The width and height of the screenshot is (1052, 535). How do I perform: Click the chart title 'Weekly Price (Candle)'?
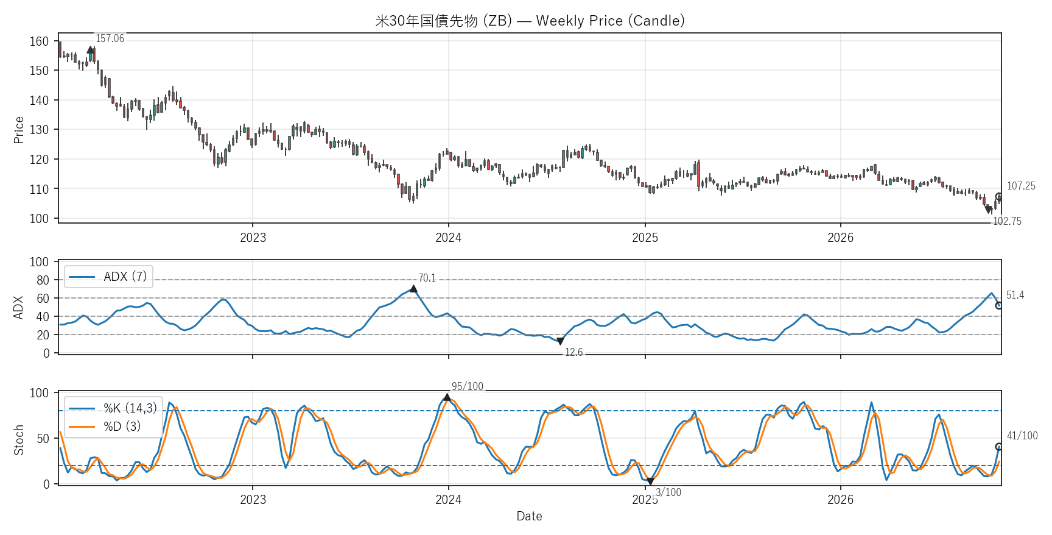pos(610,21)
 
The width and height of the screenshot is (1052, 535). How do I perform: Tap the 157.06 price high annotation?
pos(110,38)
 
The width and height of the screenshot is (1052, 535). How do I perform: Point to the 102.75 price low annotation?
pos(1007,221)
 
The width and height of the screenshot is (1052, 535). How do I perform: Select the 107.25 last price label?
pos(1021,186)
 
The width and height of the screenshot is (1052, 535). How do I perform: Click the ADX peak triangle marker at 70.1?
pos(413,289)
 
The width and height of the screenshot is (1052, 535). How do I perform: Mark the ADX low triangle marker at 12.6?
pos(560,341)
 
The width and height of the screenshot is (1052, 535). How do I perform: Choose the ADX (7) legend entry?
pos(108,277)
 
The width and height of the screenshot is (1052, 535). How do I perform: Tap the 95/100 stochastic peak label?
pos(468,386)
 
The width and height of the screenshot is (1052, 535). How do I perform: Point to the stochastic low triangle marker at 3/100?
pos(650,481)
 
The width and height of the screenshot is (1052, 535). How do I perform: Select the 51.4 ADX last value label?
pos(1015,295)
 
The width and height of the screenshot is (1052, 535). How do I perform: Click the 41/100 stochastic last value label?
pos(1022,436)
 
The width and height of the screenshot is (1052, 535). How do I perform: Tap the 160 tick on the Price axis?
pos(39,41)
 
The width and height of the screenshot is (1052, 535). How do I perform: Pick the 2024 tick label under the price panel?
pos(448,238)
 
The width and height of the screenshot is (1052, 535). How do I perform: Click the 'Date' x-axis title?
pos(529,516)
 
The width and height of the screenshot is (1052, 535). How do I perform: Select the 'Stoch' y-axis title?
pos(19,440)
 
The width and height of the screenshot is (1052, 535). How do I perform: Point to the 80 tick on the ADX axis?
pos(43,280)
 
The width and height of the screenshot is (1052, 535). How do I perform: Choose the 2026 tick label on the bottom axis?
pos(840,500)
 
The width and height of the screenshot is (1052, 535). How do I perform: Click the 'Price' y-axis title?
pos(19,130)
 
